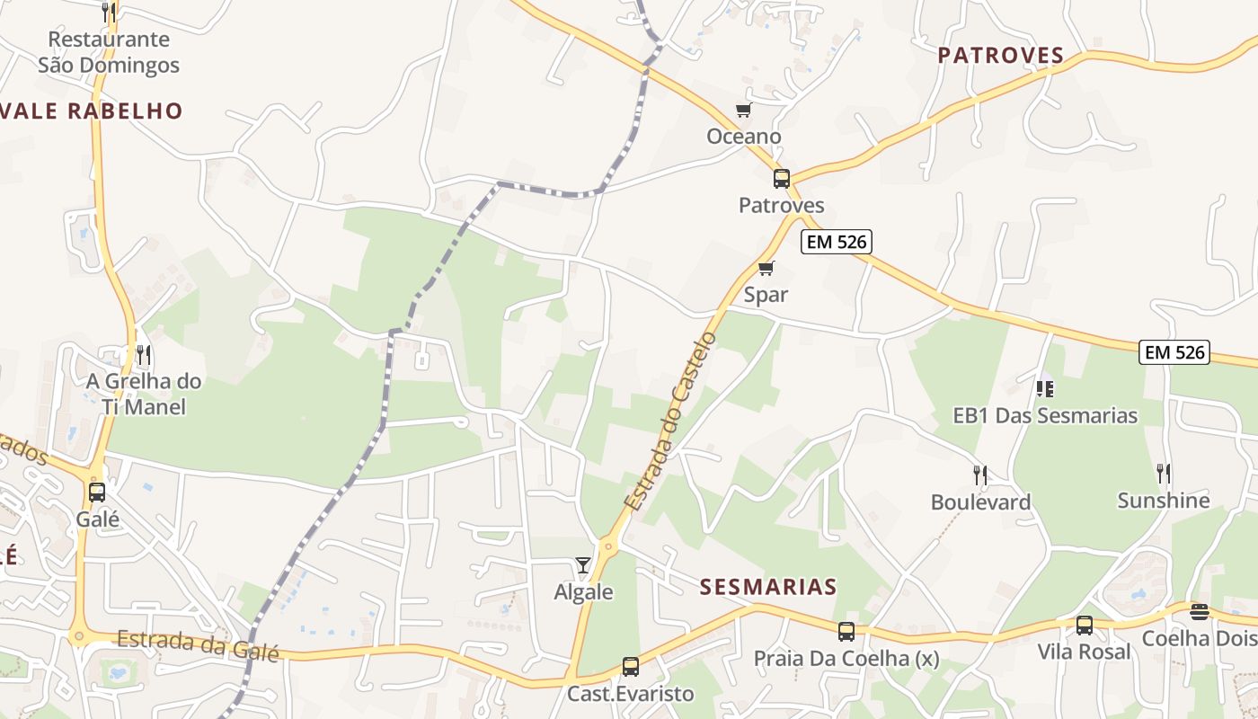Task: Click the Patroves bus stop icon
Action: [782, 178]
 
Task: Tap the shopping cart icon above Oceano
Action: [743, 111]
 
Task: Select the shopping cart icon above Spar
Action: [766, 268]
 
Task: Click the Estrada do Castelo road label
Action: [672, 421]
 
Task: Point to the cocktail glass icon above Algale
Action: [583, 564]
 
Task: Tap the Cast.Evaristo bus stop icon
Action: [631, 667]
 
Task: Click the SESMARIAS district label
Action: [768, 587]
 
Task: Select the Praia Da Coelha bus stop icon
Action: [846, 632]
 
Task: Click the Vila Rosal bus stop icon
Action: [1085, 625]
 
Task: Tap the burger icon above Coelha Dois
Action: [1199, 612]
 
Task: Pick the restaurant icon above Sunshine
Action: [1163, 473]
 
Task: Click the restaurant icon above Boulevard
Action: [979, 475]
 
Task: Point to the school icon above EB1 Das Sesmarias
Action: [1044, 388]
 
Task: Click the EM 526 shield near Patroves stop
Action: [837, 241]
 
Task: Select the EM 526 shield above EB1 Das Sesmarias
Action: [1174, 352]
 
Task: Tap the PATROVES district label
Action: [1001, 56]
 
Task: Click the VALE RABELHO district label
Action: [93, 111]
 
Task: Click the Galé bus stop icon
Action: [97, 493]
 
